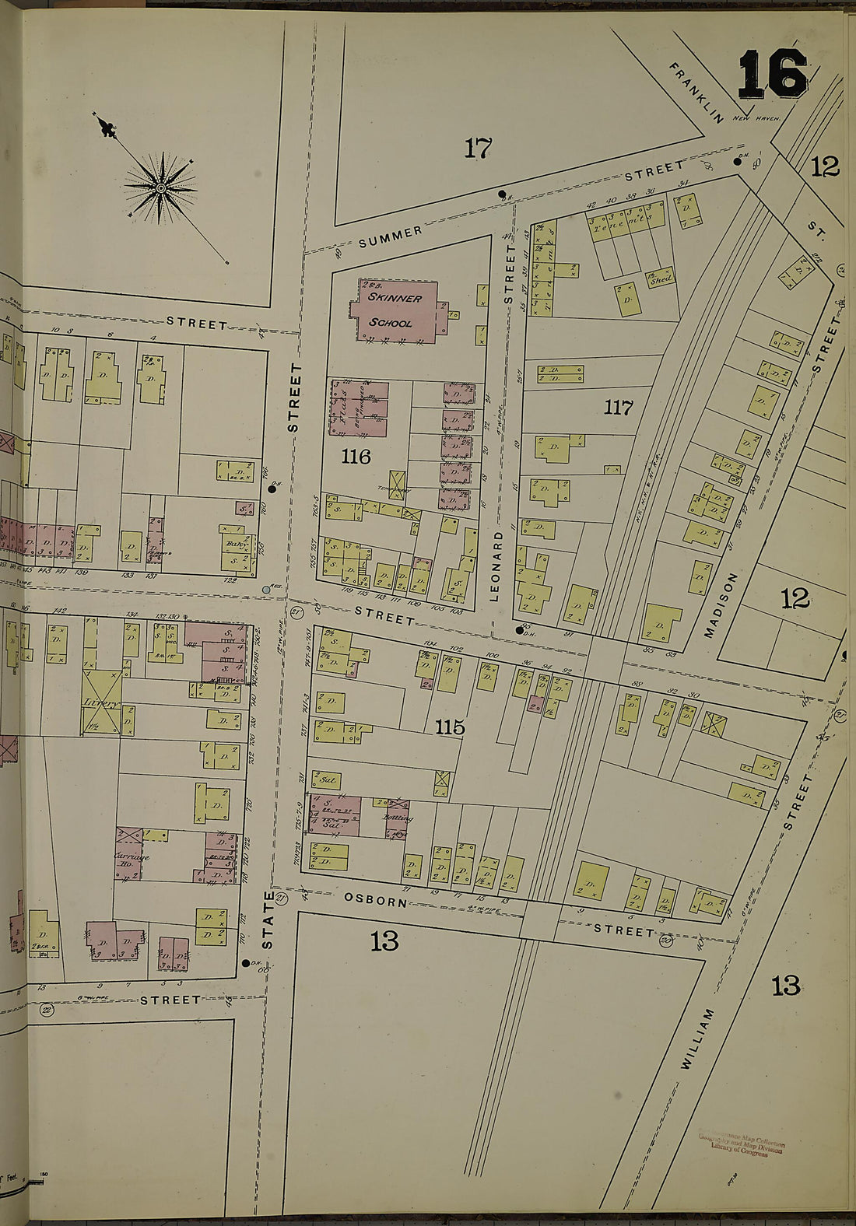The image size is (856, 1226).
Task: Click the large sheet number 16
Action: [x=772, y=74]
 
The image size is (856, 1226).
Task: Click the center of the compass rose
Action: [x=160, y=187]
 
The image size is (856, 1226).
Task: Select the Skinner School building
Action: [x=395, y=310]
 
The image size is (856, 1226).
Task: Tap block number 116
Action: [x=356, y=457]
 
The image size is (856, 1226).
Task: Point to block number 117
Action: [x=618, y=407]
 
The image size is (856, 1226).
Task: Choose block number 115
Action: [x=450, y=727]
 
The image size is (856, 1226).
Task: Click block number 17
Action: [x=478, y=147]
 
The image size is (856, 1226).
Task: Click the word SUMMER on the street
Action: [x=391, y=236]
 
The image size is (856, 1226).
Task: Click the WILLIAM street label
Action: [x=697, y=1038]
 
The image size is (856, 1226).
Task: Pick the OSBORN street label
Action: [x=375, y=901]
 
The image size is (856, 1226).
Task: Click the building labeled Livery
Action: [x=102, y=702]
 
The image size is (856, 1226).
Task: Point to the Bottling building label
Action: [x=397, y=818]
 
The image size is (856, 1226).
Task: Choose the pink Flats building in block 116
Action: [x=358, y=408]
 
